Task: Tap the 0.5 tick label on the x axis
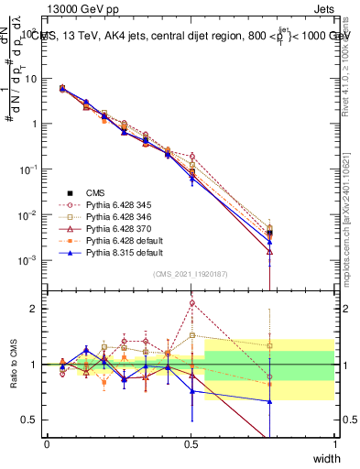coord(191,443)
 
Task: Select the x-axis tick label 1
coord(335,443)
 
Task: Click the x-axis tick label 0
coord(47,443)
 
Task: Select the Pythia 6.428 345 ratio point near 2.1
coord(191,302)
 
